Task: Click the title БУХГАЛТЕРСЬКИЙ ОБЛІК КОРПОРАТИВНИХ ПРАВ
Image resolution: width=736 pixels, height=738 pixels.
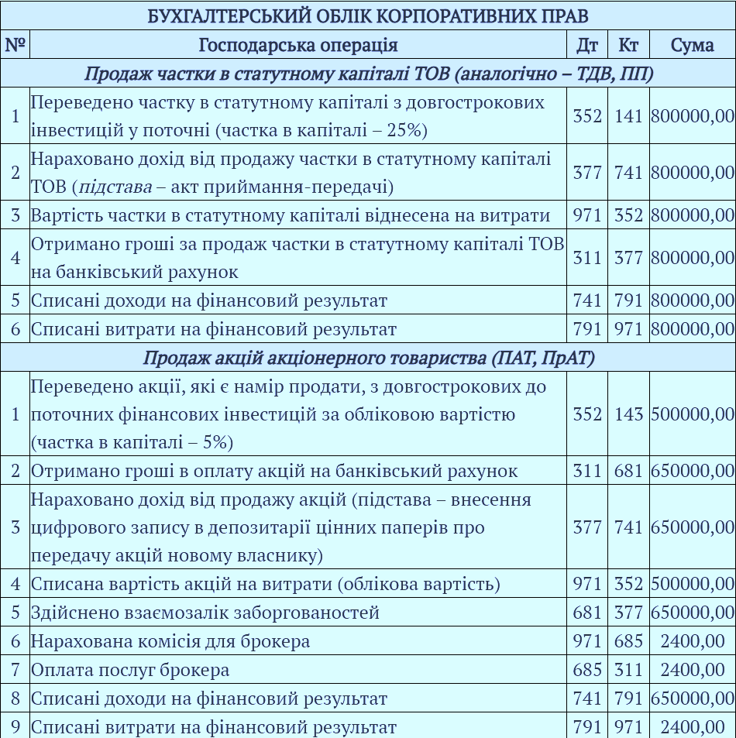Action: click(x=368, y=15)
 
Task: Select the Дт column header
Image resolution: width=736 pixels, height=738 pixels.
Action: click(x=587, y=45)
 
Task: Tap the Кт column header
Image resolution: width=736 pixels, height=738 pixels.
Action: click(x=628, y=45)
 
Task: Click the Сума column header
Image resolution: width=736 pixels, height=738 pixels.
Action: click(x=692, y=45)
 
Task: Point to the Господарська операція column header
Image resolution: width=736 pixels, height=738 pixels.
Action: click(x=298, y=45)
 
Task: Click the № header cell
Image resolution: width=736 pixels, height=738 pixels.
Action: click(x=15, y=45)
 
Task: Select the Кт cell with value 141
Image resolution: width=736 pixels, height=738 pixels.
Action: click(x=628, y=116)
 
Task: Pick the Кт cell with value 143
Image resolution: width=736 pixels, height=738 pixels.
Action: click(x=628, y=414)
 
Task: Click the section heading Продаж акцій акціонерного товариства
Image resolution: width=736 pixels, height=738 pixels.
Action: click(x=368, y=358)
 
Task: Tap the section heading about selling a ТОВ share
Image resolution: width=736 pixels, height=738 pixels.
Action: click(x=368, y=74)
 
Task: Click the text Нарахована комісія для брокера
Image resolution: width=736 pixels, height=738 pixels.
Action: click(x=170, y=641)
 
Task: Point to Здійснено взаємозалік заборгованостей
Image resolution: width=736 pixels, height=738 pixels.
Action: click(x=205, y=613)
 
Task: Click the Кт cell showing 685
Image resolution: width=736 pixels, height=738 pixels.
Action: click(x=628, y=641)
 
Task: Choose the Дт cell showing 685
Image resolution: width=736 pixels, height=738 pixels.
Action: click(x=587, y=670)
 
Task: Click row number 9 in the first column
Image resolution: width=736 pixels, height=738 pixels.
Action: click(x=15, y=727)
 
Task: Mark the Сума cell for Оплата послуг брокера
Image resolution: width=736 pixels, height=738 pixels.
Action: click(x=692, y=670)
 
